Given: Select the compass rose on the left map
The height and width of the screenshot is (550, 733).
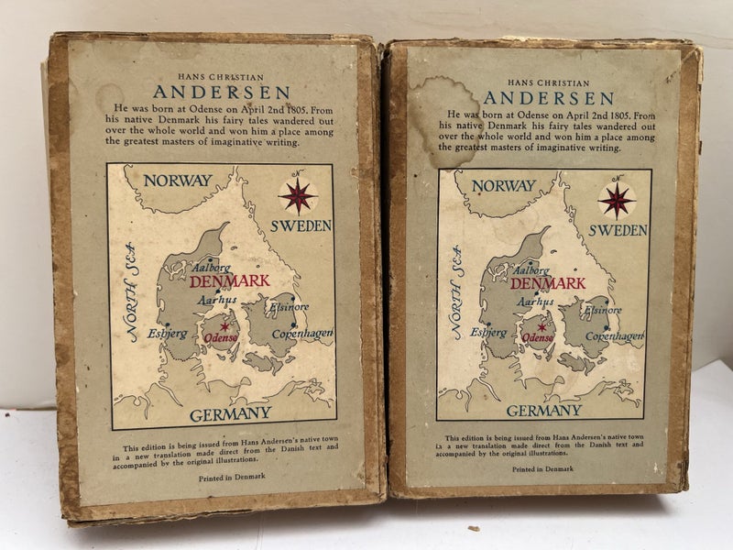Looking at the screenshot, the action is [x=297, y=194].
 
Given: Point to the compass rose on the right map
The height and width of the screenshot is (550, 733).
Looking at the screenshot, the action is [x=617, y=198].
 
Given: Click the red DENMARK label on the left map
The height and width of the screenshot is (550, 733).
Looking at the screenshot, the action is [x=230, y=280].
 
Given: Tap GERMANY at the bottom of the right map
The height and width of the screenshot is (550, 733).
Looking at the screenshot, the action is [x=543, y=411].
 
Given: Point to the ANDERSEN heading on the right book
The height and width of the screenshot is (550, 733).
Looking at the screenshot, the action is [x=549, y=97].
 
